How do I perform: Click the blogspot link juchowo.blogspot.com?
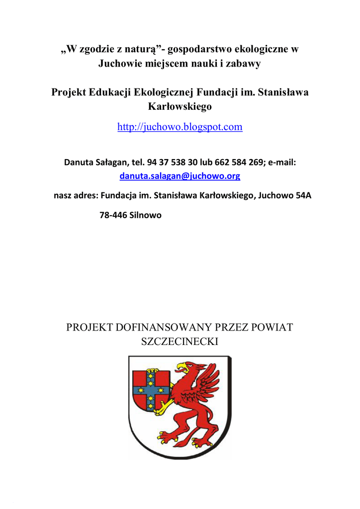coord(180,127)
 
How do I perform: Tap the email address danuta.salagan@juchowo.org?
coord(180,176)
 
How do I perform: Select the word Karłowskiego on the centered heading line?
coord(180,106)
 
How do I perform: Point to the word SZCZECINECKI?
coord(180,341)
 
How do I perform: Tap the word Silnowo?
coord(145,216)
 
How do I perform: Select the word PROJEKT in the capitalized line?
coord(90,327)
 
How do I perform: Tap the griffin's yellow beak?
coord(182,368)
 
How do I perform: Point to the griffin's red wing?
coord(208,380)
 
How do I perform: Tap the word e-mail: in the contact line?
coord(282,162)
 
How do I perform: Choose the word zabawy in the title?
coord(244,64)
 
